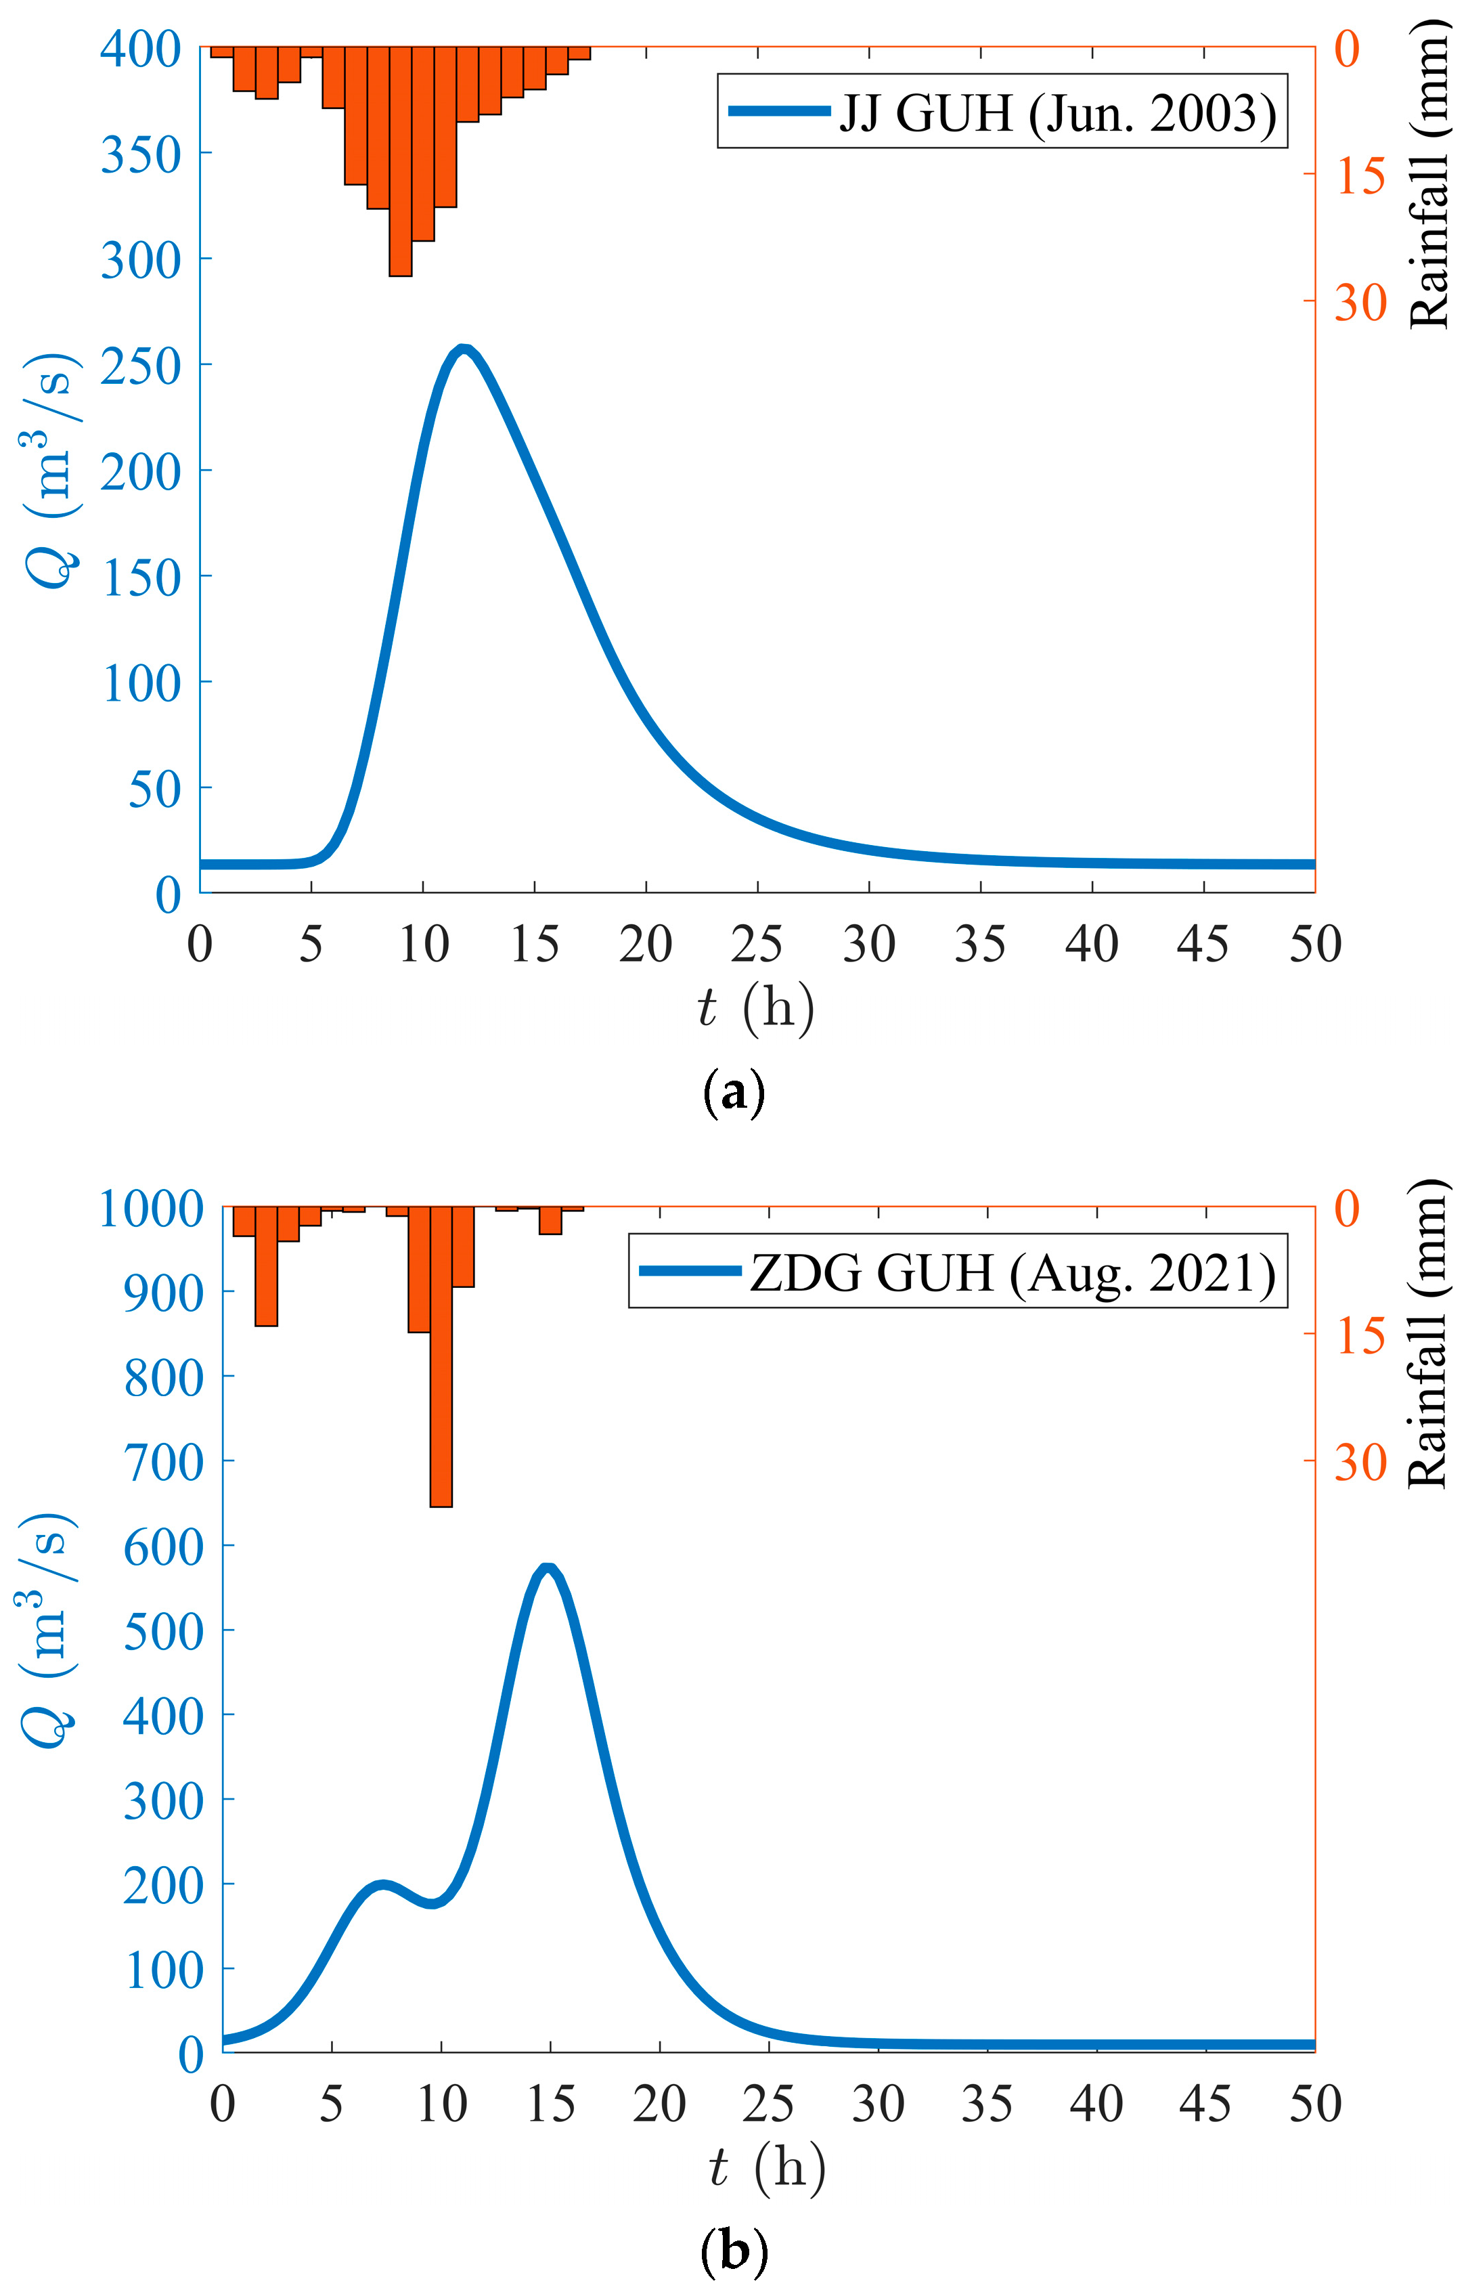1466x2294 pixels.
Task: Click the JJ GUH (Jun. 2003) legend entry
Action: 1002,112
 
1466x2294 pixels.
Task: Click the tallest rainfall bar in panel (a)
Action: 400,162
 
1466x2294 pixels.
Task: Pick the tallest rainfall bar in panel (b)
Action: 441,1357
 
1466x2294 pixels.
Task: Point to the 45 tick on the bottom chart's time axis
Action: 1205,2104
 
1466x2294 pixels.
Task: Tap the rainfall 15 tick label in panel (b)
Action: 1360,1337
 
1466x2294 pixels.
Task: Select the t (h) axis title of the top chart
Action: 755,1008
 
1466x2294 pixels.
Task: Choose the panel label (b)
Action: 732,2254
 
